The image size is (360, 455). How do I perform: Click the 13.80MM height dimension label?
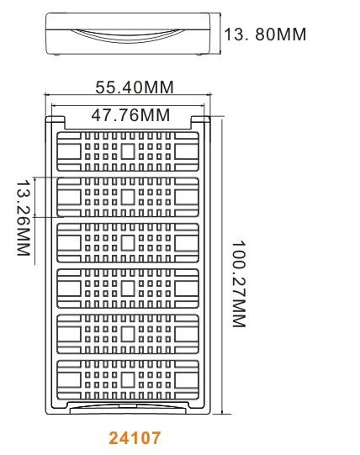click(265, 34)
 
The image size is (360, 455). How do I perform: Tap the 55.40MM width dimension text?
click(135, 87)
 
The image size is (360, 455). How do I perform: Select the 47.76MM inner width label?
click(130, 115)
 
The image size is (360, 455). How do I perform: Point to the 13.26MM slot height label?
click(24, 218)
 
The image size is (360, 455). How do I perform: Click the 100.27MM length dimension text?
click(239, 283)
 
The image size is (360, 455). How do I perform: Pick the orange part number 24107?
click(135, 438)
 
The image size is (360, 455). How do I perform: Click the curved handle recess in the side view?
click(128, 36)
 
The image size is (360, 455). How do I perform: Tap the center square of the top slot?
click(128, 151)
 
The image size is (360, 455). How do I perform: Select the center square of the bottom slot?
click(128, 380)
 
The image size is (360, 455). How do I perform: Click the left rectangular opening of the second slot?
click(69, 197)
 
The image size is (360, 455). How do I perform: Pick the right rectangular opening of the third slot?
click(187, 243)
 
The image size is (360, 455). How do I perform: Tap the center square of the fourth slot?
click(128, 288)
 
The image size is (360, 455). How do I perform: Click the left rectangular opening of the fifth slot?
click(69, 334)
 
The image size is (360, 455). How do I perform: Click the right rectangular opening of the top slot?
click(187, 151)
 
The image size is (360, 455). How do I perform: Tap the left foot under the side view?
click(56, 55)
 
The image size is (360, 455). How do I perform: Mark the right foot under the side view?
click(199, 55)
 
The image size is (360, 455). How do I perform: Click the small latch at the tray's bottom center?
click(128, 405)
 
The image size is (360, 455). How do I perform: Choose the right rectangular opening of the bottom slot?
click(187, 380)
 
